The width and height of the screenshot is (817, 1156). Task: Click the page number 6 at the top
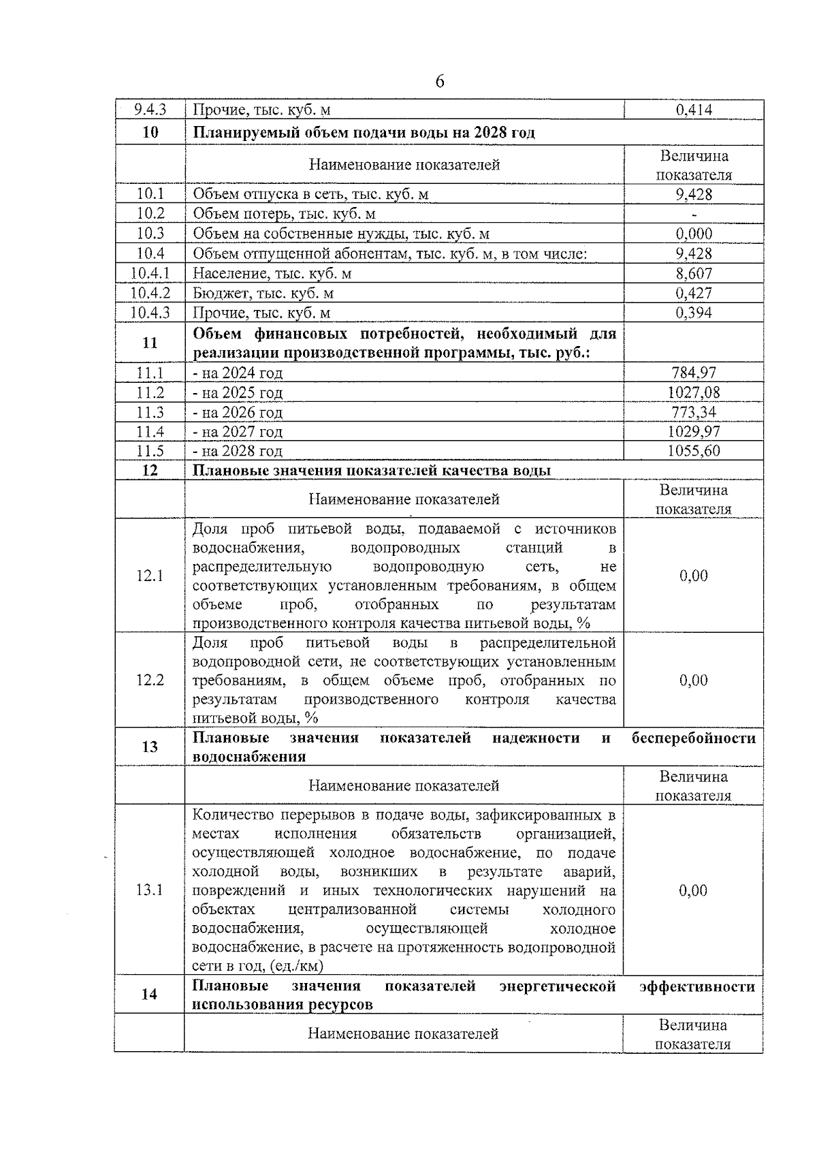[x=440, y=82]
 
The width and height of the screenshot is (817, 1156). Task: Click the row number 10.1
[x=150, y=194]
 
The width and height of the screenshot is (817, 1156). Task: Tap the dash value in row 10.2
[x=694, y=214]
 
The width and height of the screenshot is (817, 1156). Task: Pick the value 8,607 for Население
[x=694, y=273]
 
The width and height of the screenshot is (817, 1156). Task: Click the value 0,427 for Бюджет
[x=694, y=293]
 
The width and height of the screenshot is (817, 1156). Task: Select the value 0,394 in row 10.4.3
[x=694, y=313]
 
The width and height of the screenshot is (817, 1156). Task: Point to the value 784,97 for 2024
[x=694, y=373]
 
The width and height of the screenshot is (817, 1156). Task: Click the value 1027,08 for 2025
[x=694, y=392]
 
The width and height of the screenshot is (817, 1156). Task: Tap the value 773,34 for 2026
[x=694, y=412]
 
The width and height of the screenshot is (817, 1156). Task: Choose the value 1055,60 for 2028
[x=694, y=451]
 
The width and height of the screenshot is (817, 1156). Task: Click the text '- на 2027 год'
[x=238, y=432]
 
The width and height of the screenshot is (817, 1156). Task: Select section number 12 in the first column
[x=150, y=471]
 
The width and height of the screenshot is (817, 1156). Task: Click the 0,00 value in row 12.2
[x=694, y=680]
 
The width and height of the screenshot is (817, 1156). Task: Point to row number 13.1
[x=150, y=890]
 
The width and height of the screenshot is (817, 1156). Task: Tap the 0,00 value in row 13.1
[x=694, y=890]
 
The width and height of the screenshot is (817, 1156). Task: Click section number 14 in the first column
[x=150, y=995]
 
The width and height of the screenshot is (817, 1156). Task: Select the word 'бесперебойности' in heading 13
[x=693, y=738]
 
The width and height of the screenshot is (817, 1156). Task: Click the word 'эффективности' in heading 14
[x=697, y=986]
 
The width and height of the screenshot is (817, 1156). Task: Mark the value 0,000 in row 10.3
[x=694, y=234]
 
